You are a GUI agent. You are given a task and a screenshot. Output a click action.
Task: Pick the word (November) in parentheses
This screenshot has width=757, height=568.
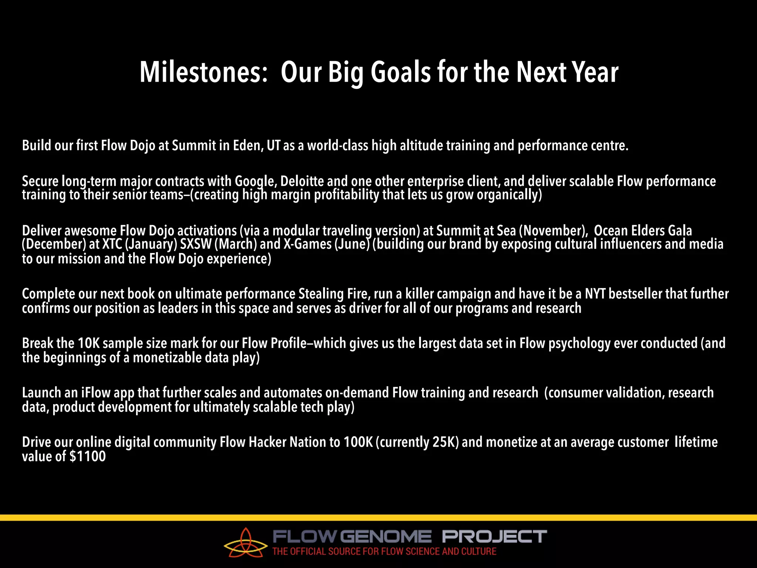point(553,231)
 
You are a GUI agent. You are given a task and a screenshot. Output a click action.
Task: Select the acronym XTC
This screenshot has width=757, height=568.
point(112,244)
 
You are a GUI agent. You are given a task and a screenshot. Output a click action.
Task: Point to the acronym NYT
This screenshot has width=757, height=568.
point(595,294)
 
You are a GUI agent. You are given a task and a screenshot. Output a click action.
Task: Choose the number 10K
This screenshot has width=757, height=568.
point(89,343)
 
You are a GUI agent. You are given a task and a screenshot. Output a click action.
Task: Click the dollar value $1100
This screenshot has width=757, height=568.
point(88,456)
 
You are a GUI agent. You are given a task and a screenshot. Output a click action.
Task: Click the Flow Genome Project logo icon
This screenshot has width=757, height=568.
point(245,543)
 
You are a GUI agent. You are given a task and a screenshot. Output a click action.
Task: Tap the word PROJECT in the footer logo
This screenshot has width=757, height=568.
point(494,536)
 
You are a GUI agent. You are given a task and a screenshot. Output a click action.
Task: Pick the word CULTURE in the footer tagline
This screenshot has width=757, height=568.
point(478,551)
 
